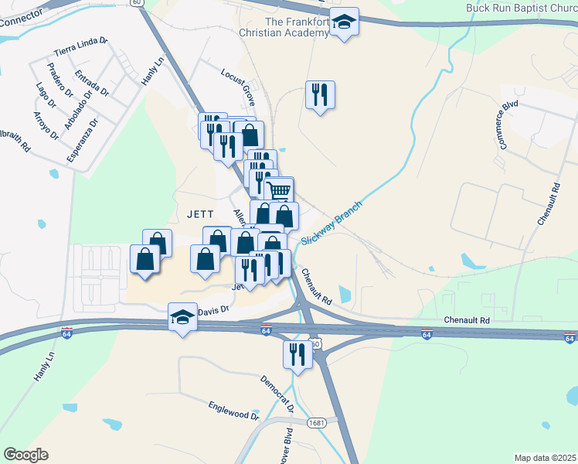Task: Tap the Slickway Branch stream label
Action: (331, 223)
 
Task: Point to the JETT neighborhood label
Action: (199, 213)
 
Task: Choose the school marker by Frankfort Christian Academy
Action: (344, 22)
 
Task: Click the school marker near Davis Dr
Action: (182, 316)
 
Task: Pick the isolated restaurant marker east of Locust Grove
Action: (319, 94)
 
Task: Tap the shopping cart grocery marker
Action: (280, 189)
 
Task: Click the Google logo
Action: (25, 455)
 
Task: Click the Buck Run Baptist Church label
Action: (522, 8)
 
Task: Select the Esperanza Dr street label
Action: (83, 140)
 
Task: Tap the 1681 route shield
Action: (315, 422)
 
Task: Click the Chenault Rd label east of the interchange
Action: (466, 319)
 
